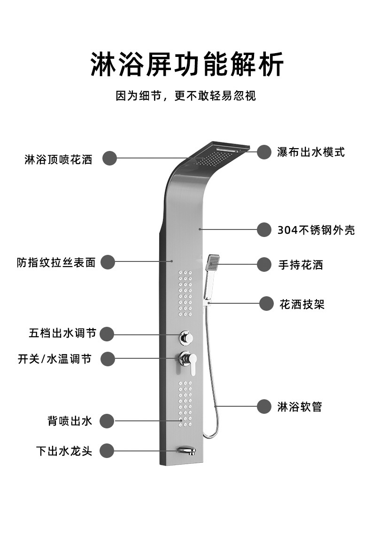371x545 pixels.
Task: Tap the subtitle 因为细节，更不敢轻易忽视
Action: [186, 96]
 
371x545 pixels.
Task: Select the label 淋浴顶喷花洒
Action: [59, 159]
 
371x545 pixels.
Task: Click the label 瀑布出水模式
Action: [310, 152]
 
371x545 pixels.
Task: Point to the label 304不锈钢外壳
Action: [316, 230]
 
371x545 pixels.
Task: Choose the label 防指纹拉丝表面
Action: [56, 262]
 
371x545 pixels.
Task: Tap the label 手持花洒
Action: [301, 265]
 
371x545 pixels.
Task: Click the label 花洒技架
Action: [302, 304]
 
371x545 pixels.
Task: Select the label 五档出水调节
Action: [62, 333]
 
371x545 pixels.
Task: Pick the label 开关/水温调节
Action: [55, 359]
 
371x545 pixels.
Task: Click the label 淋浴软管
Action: [300, 407]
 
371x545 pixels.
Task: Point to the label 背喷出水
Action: [70, 421]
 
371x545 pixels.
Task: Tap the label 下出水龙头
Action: [64, 451]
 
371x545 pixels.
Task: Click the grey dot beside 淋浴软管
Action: [264, 406]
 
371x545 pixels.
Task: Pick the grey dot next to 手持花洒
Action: [264, 264]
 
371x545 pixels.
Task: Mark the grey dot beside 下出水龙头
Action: [107, 451]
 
